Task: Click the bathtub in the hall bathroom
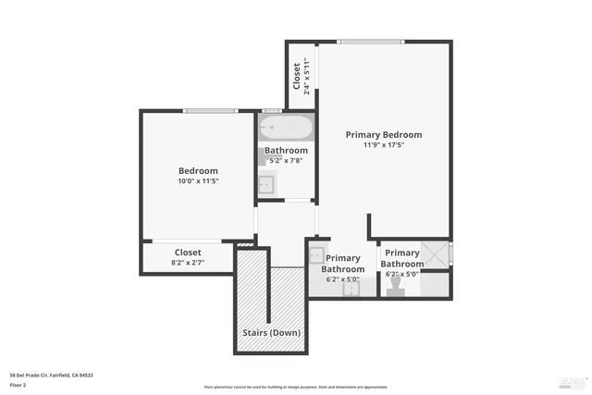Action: click(x=286, y=128)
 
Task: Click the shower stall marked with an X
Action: click(x=435, y=254)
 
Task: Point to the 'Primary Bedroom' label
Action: click(x=384, y=134)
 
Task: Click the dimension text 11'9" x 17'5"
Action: click(x=384, y=145)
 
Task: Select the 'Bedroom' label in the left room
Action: click(x=198, y=170)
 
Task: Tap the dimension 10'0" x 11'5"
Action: click(x=198, y=181)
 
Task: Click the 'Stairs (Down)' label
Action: click(x=271, y=332)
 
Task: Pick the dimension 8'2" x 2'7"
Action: click(x=188, y=263)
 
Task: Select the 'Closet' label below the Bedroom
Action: click(x=188, y=252)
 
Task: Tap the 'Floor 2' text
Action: click(x=18, y=384)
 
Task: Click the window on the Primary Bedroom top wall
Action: click(x=370, y=41)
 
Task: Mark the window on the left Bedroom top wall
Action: click(x=210, y=111)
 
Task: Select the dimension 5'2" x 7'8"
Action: click(x=286, y=161)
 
